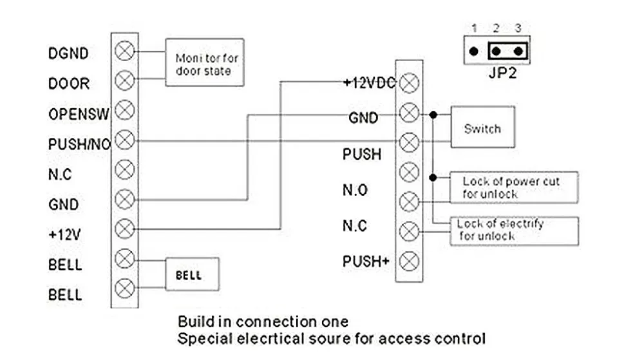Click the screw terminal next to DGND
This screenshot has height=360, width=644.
(124, 52)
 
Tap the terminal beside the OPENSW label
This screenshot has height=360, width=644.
(124, 110)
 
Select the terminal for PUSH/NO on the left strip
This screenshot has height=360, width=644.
(124, 140)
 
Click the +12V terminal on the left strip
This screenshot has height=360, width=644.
(124, 229)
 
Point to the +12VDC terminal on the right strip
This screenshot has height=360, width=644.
(409, 83)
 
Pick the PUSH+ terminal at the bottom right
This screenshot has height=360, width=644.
(409, 261)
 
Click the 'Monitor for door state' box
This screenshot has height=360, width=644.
(205, 62)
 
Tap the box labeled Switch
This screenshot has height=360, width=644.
(482, 127)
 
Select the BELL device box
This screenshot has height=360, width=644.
(192, 274)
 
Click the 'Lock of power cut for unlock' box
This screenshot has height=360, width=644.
(514, 187)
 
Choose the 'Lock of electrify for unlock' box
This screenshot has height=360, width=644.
(514, 231)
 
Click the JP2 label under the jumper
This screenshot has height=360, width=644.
(502, 73)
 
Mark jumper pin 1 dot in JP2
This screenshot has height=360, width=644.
(473, 52)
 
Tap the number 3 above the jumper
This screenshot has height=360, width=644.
(518, 28)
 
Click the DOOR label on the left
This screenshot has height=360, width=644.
(69, 84)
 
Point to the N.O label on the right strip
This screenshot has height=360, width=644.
(355, 190)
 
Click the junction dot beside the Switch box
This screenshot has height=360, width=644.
(433, 115)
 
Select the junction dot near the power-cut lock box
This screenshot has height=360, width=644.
(433, 178)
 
